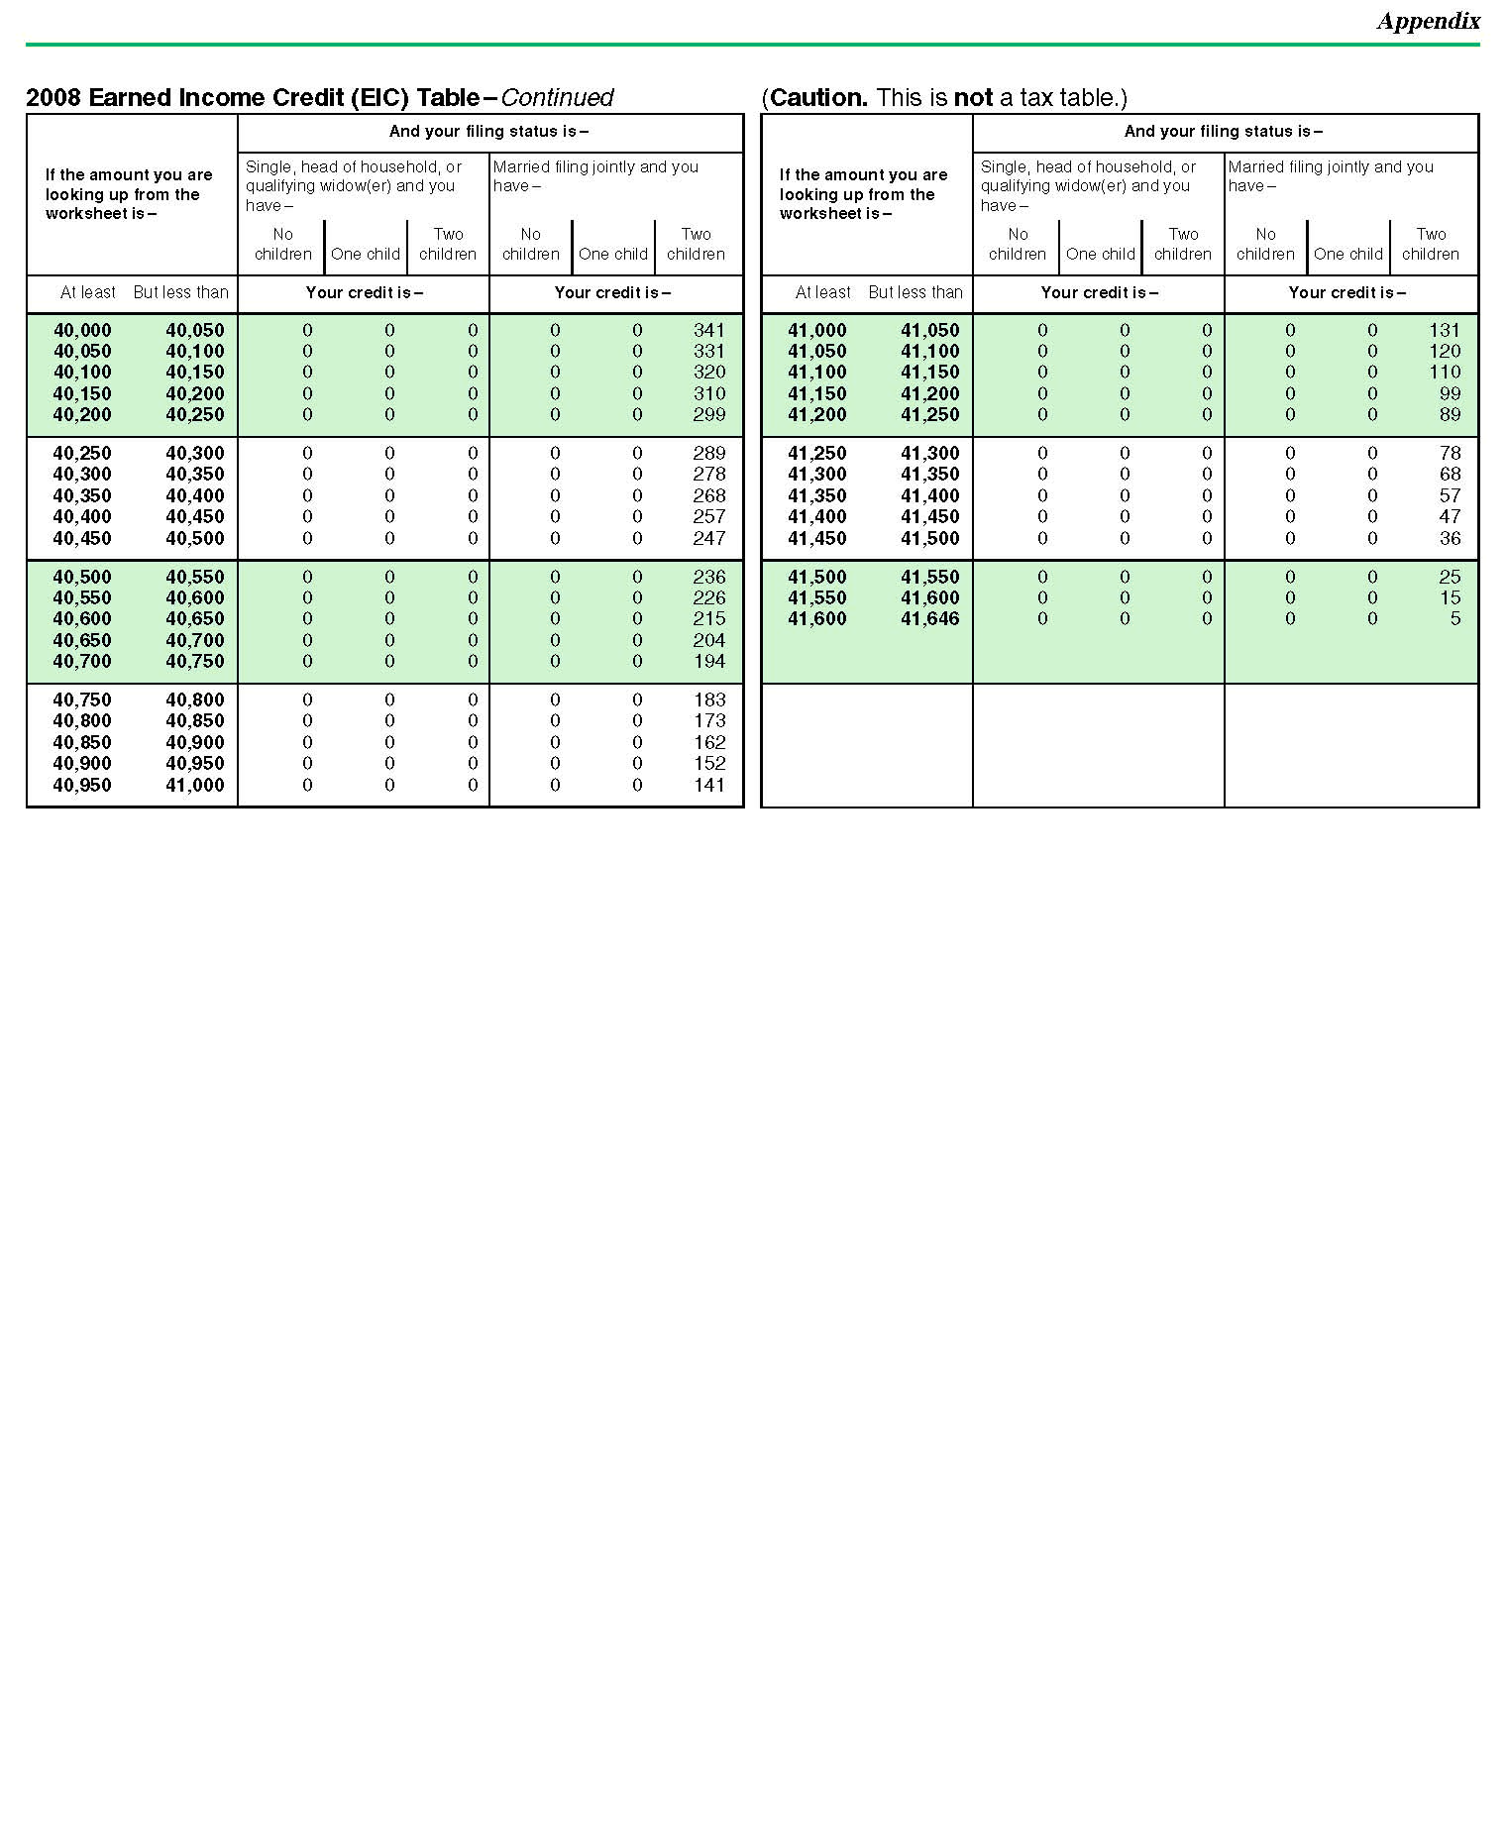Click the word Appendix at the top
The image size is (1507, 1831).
click(1428, 21)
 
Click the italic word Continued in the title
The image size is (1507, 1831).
click(557, 97)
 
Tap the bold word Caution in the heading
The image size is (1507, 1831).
click(817, 97)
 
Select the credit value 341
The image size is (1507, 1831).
click(709, 330)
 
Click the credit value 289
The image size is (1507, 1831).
click(709, 453)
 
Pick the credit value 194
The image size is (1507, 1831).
click(709, 661)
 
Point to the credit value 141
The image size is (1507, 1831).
click(709, 785)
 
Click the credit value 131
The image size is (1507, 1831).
click(1445, 330)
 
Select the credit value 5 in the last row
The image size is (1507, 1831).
click(1454, 618)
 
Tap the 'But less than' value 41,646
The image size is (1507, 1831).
click(929, 618)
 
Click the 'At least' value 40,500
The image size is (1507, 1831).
click(82, 577)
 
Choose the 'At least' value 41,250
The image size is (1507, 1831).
click(816, 453)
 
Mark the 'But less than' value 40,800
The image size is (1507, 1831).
click(195, 700)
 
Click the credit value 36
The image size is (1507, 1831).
click(1450, 538)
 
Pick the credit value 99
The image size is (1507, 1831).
click(1450, 393)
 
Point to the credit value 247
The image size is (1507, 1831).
click(709, 538)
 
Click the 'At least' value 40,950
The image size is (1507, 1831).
click(82, 785)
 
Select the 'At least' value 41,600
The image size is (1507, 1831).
click(816, 618)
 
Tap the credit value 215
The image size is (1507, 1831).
click(709, 618)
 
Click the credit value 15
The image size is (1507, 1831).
click(1450, 597)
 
